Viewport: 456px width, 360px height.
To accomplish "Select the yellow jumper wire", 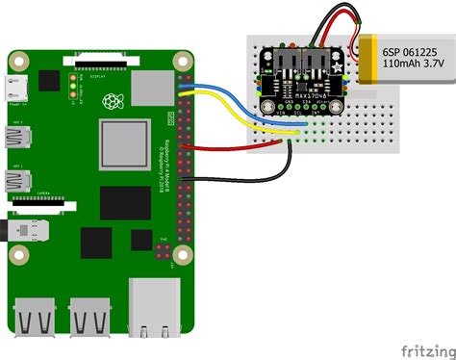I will tap(231, 114).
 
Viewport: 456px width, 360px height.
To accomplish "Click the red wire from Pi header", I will tap(231, 147).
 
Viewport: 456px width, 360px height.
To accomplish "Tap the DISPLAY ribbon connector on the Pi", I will tap(97, 66).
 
